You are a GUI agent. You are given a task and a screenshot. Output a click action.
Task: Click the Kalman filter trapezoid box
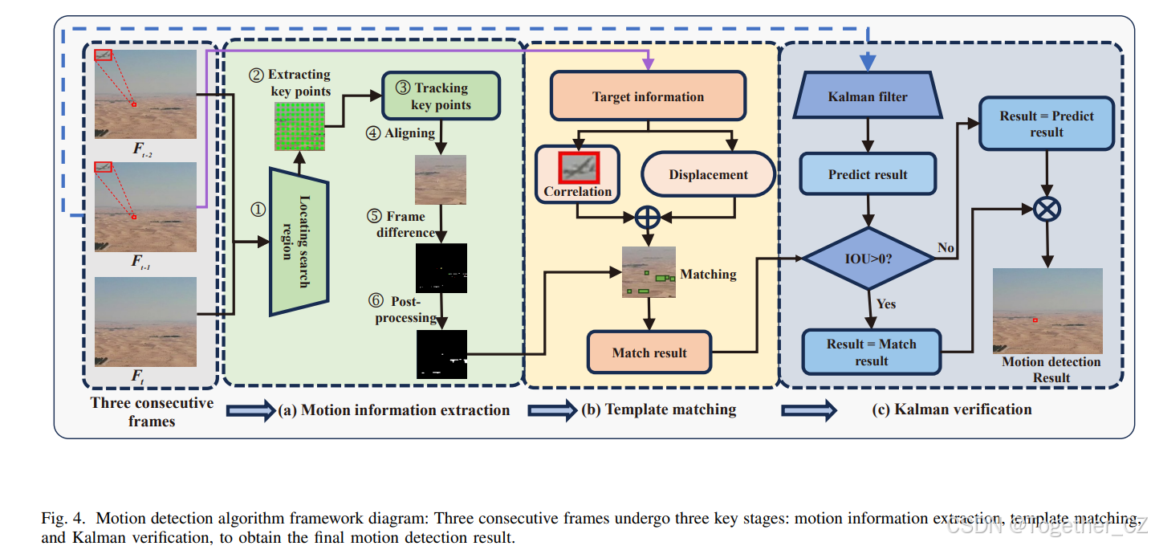pyautogui.click(x=867, y=97)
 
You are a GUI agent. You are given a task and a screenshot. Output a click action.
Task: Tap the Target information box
pyautogui.click(x=648, y=97)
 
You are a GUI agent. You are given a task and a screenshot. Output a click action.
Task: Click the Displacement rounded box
pyautogui.click(x=708, y=175)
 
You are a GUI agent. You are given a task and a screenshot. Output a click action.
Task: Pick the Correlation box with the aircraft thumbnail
pyautogui.click(x=577, y=172)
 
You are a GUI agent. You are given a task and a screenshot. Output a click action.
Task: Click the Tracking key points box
pyautogui.click(x=441, y=96)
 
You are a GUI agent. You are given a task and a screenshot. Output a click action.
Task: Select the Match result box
pyautogui.click(x=649, y=352)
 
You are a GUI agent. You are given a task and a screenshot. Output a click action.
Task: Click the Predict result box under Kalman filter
pyautogui.click(x=868, y=175)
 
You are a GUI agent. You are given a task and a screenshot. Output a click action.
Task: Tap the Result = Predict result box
pyautogui.click(x=1046, y=124)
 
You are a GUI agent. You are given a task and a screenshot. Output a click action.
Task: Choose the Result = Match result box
pyautogui.click(x=871, y=352)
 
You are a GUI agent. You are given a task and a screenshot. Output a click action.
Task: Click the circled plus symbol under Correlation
pyautogui.click(x=647, y=217)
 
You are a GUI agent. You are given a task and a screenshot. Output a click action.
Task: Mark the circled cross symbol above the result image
pyautogui.click(x=1047, y=209)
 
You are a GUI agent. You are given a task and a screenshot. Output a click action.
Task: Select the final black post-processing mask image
pyautogui.click(x=441, y=354)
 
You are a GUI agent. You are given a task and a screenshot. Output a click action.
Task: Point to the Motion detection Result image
pyautogui.click(x=1047, y=312)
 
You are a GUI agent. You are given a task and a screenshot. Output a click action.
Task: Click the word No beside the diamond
pyautogui.click(x=946, y=248)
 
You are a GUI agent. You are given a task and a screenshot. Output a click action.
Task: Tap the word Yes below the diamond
pyautogui.click(x=886, y=304)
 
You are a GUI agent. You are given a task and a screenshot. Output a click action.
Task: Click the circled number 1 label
pyautogui.click(x=258, y=209)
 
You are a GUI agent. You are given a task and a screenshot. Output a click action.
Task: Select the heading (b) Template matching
pyautogui.click(x=658, y=409)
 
